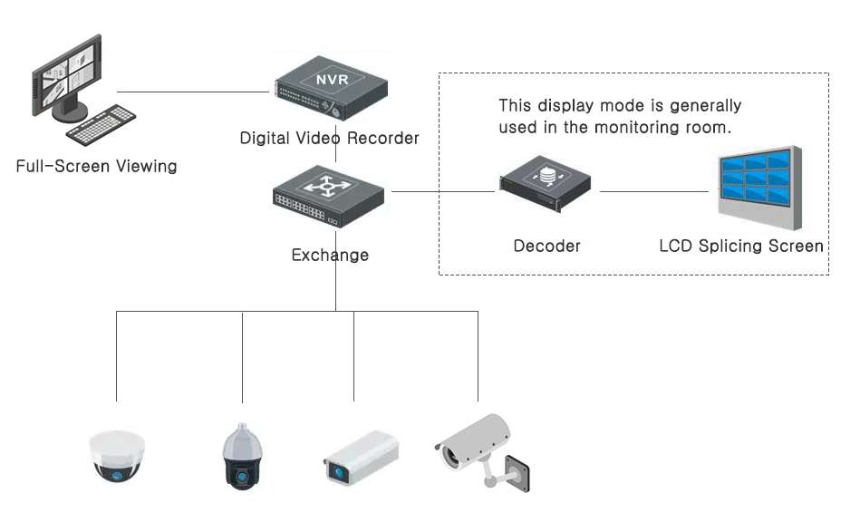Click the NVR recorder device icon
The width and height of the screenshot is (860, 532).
(x=332, y=89)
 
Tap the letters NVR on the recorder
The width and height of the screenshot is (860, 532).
(x=332, y=79)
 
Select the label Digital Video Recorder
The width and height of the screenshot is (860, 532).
(x=329, y=139)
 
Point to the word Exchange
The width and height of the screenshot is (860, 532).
(x=330, y=256)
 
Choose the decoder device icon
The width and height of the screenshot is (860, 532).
(x=546, y=183)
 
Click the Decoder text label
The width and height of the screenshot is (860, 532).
(x=546, y=246)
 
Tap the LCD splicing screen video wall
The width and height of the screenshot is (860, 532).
(x=759, y=189)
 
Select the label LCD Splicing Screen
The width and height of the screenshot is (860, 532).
(x=741, y=246)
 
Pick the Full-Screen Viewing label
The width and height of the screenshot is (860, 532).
(x=96, y=167)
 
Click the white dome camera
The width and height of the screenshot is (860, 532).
(x=116, y=456)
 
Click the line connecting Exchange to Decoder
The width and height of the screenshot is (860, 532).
(x=444, y=191)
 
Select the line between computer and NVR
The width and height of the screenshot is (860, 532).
(x=195, y=92)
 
